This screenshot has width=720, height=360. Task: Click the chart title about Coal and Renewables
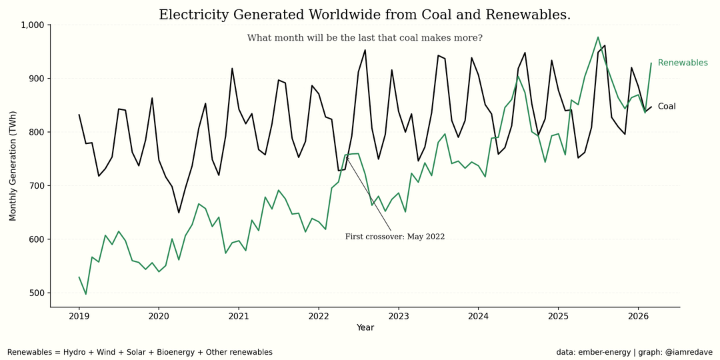click(x=365, y=15)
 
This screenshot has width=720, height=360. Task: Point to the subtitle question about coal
click(x=365, y=38)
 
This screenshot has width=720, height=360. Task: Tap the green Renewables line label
click(x=683, y=63)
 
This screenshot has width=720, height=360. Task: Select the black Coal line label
click(x=667, y=107)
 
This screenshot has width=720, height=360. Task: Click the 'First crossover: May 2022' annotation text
click(x=395, y=237)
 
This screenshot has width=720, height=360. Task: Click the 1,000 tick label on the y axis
click(x=31, y=25)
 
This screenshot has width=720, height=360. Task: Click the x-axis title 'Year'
click(x=365, y=327)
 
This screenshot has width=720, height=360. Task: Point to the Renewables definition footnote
click(x=140, y=352)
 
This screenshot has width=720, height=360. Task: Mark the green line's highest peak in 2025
click(x=598, y=37)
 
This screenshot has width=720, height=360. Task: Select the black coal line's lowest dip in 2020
click(x=179, y=213)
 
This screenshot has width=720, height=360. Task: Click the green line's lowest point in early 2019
click(x=85, y=294)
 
